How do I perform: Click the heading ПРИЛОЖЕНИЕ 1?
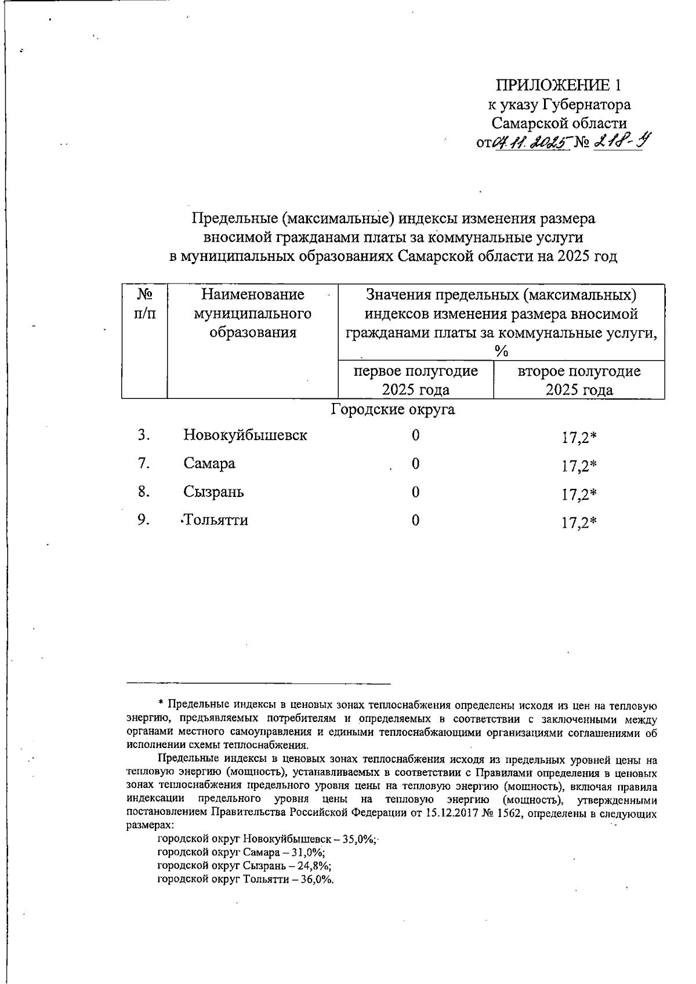[x=559, y=86]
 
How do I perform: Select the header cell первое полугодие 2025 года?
[x=416, y=380]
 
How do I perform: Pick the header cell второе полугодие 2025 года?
[x=579, y=380]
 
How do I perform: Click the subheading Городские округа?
[x=393, y=410]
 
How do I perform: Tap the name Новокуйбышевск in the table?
[x=245, y=435]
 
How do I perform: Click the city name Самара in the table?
[x=209, y=463]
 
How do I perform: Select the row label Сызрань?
[x=213, y=492]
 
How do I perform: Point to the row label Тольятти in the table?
[x=216, y=520]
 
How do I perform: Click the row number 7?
[x=144, y=463]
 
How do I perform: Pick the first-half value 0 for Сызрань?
[x=415, y=492]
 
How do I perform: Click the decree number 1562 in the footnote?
[x=510, y=813]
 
